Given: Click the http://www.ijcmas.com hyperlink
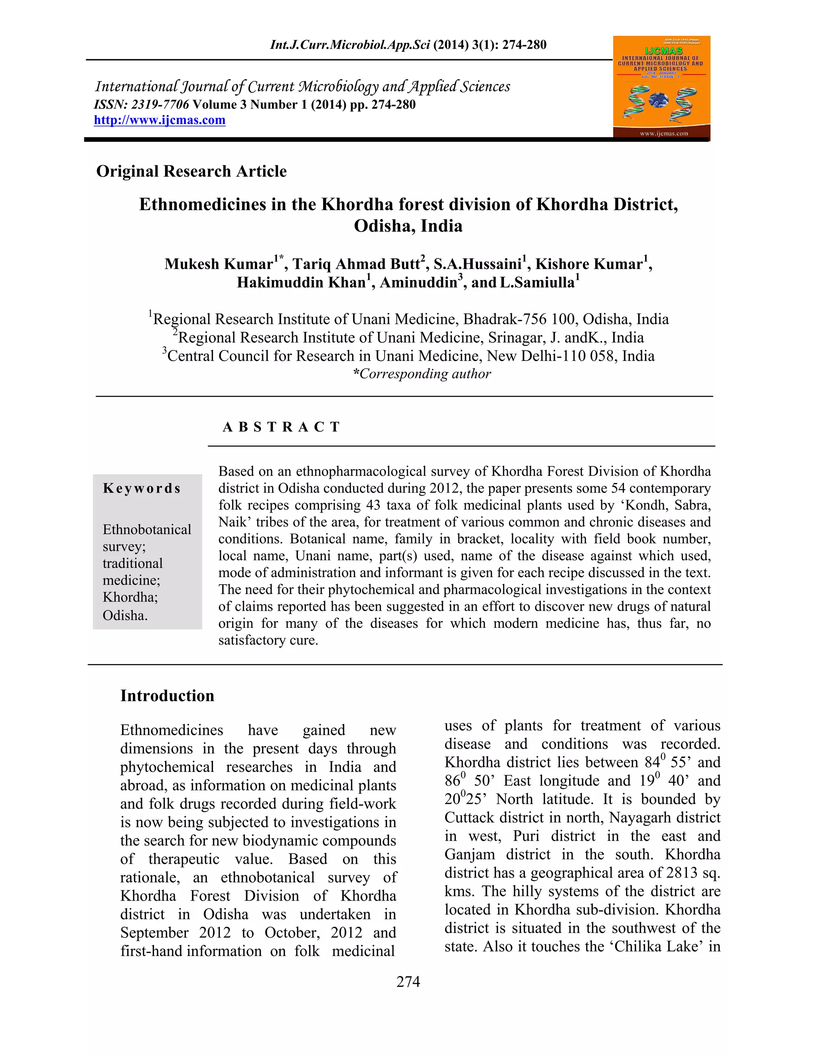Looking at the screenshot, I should click(159, 120).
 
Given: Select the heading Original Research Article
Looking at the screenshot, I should click(191, 172).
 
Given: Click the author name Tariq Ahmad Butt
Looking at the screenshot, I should click(356, 264).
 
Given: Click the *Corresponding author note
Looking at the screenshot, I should click(422, 374).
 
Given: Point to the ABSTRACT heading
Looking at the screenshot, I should click(281, 427).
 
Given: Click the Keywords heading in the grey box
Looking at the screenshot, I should click(142, 488).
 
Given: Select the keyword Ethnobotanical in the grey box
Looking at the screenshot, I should click(147, 529).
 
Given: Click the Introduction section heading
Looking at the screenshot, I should click(167, 696).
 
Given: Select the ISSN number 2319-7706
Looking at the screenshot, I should click(160, 105).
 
